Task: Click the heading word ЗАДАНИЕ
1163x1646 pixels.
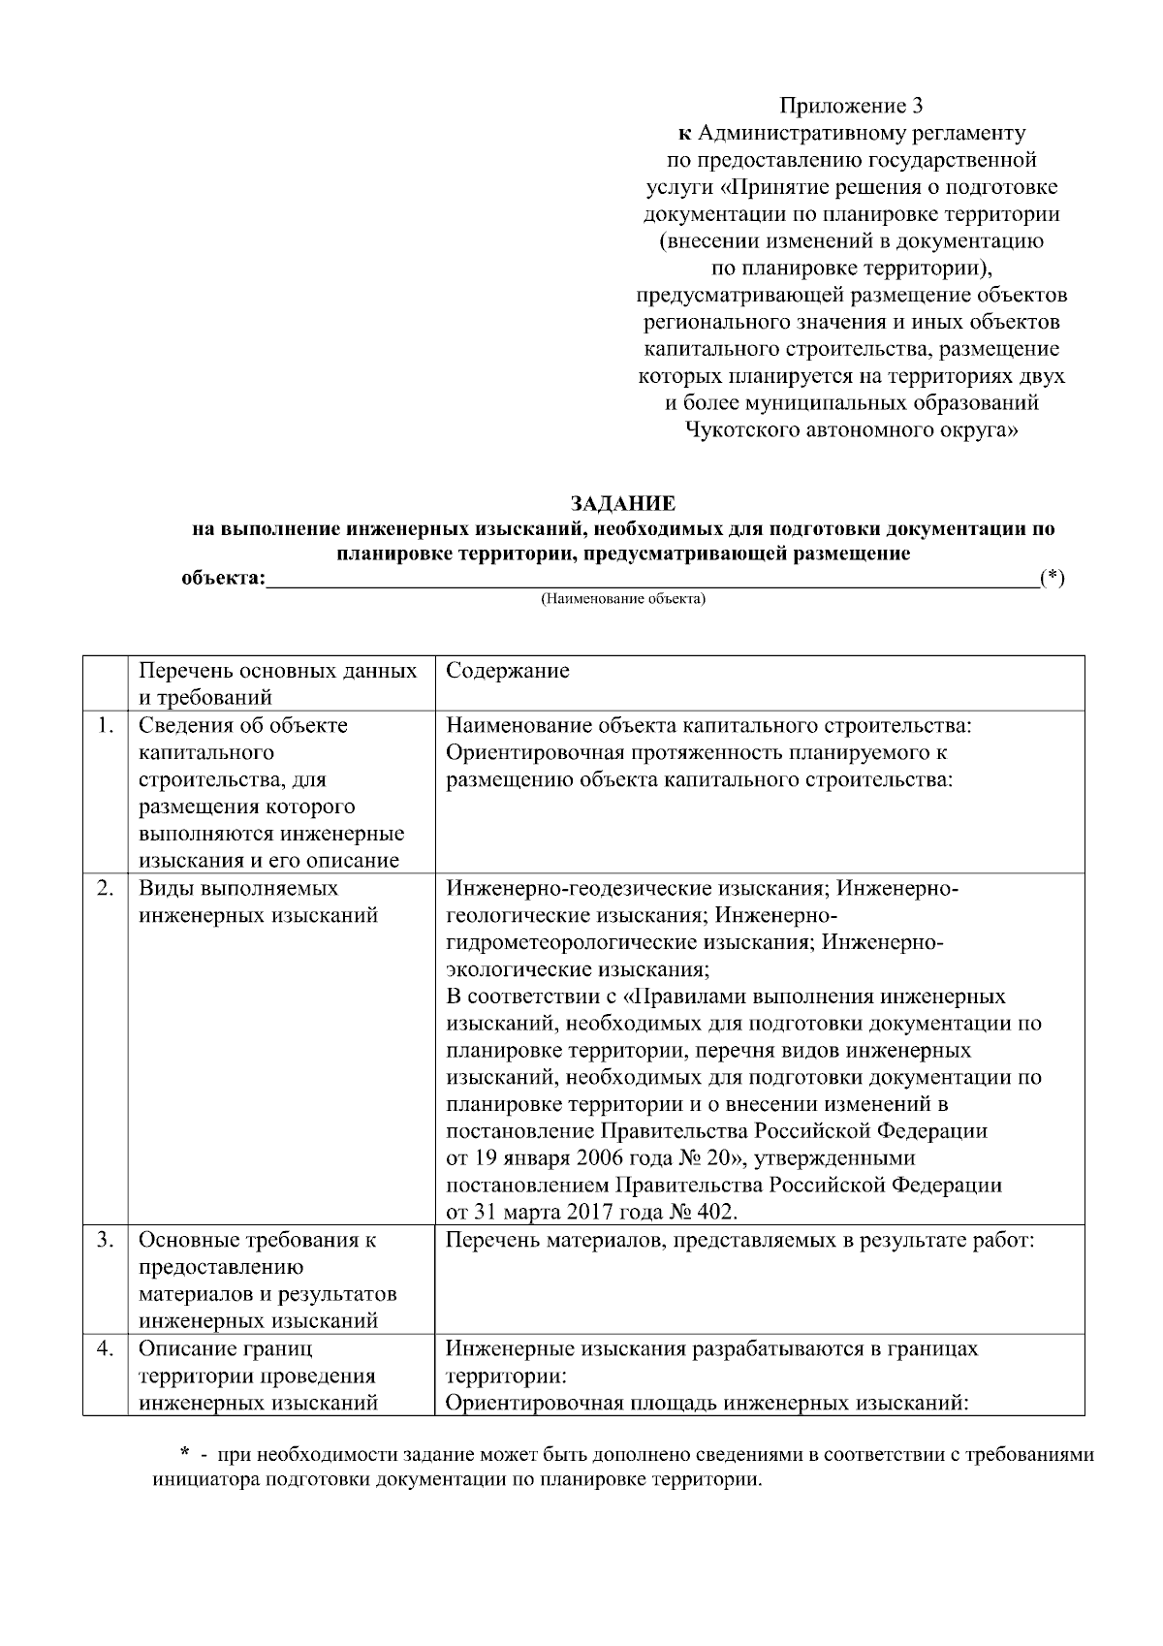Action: (621, 504)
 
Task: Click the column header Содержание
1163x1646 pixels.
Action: (507, 671)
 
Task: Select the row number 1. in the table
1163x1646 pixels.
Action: (106, 725)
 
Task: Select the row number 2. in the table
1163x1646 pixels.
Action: (106, 888)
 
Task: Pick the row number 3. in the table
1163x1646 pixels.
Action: (106, 1240)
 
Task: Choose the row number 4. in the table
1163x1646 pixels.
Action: (106, 1348)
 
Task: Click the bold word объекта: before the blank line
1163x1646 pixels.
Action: (223, 579)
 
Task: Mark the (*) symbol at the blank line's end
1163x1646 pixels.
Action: (1052, 579)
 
